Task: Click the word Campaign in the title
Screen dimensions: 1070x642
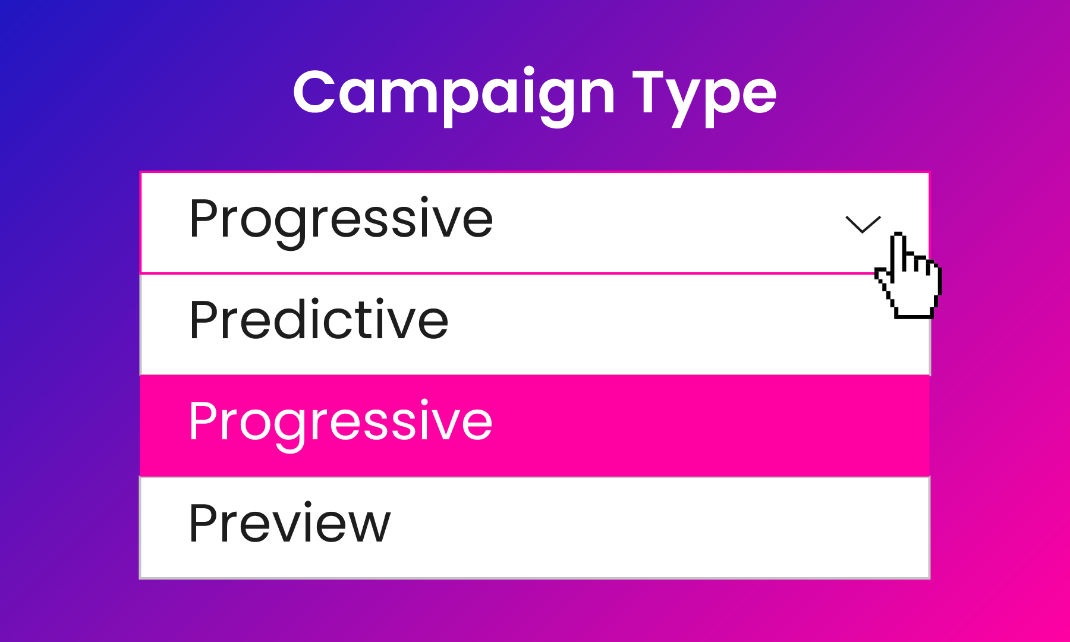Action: [454, 95]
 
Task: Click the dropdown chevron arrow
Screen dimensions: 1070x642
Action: [863, 224]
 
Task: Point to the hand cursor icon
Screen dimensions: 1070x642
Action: [908, 275]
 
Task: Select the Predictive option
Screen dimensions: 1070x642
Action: [535, 325]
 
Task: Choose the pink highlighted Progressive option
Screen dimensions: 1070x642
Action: [535, 426]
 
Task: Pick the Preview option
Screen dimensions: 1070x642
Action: [535, 527]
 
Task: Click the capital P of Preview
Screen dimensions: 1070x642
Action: [205, 523]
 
